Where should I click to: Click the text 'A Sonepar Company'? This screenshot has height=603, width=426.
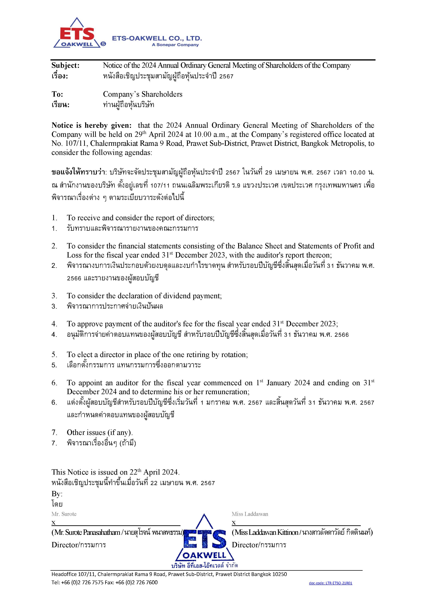[x=175, y=45]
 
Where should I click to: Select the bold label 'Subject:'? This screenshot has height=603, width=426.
[x=65, y=65]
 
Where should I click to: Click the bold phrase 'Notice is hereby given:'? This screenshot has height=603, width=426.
[x=93, y=125]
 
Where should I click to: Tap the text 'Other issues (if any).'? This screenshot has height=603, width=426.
[x=100, y=432]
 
